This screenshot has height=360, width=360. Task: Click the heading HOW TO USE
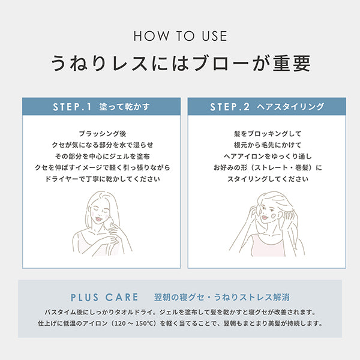click(x=181, y=36)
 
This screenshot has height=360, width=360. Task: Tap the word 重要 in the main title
click(x=292, y=63)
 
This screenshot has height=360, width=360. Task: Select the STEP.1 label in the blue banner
click(x=72, y=107)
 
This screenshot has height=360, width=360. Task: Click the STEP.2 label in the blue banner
click(x=230, y=107)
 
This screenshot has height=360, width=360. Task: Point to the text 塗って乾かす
click(x=124, y=107)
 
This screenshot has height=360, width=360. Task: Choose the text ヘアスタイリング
click(x=290, y=107)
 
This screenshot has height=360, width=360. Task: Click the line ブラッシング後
click(x=103, y=134)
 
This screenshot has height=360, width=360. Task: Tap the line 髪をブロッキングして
click(x=268, y=134)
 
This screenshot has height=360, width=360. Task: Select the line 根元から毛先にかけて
click(x=268, y=145)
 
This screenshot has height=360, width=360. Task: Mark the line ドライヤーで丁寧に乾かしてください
click(x=103, y=179)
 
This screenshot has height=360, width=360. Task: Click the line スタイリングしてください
click(x=268, y=179)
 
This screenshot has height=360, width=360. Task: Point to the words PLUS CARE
click(x=104, y=298)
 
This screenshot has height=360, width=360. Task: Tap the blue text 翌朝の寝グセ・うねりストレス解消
click(x=222, y=298)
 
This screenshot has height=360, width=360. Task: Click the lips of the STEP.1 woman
click(x=99, y=218)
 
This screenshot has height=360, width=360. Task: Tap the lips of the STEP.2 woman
click(x=265, y=217)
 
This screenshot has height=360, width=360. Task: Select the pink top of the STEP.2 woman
click(x=268, y=247)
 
